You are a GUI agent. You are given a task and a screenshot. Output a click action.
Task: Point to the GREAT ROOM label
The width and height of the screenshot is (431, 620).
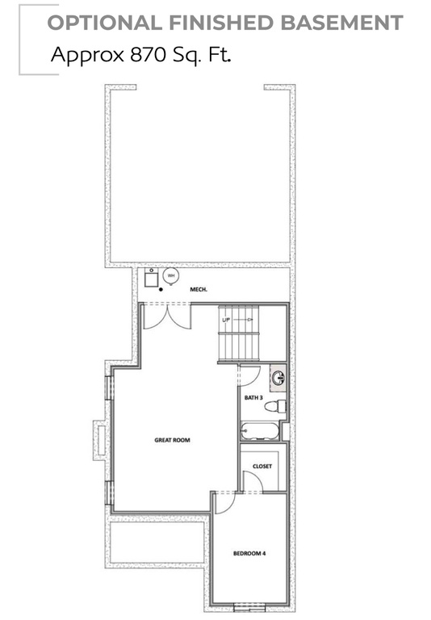(x=172, y=440)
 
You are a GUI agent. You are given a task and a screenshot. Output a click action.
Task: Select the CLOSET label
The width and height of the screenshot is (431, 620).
(x=262, y=467)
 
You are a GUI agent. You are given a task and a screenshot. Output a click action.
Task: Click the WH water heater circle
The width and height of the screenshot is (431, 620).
(x=171, y=276)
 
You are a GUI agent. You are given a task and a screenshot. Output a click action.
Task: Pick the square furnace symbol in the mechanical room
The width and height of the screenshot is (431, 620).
(x=152, y=278)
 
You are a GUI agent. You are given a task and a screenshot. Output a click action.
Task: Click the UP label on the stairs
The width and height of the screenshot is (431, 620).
(x=227, y=320)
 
